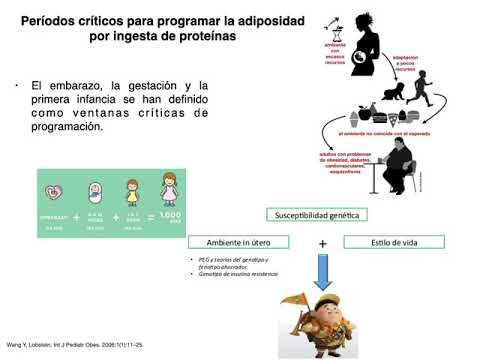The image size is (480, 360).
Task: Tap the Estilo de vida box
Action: click(x=387, y=242)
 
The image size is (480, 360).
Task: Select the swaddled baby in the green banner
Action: click(x=95, y=191)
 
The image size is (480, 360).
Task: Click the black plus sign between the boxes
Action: click(x=323, y=243)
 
